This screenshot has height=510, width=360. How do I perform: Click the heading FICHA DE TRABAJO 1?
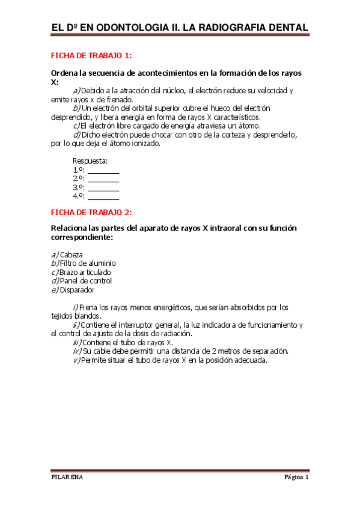coord(91,56)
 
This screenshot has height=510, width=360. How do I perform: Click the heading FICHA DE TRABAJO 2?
coord(91,212)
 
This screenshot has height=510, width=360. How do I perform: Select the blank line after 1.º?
coord(103,171)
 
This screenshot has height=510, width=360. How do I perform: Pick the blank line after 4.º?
coord(103,196)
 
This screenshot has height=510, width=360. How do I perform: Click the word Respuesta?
coord(90,161)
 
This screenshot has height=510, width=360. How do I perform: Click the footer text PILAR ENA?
coord(67,478)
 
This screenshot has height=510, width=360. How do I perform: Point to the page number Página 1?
coord(296,478)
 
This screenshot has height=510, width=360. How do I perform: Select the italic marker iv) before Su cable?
coord(76,351)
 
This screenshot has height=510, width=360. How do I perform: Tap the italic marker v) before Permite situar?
coord(76,360)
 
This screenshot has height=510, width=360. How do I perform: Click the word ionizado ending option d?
coord(144,144)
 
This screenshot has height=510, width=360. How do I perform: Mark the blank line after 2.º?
coord(103,179)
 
